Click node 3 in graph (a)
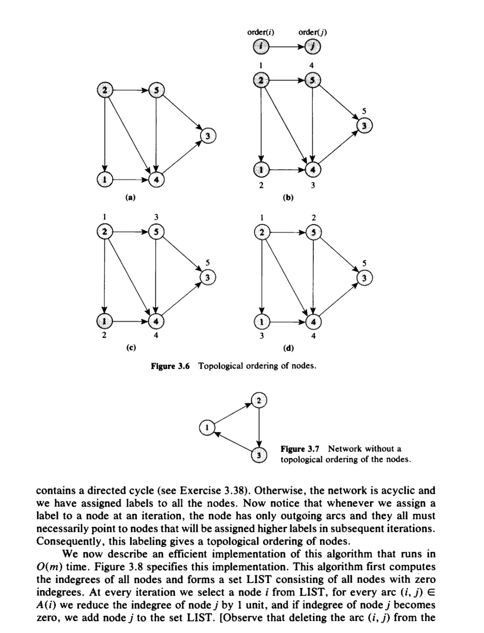[x=208, y=136]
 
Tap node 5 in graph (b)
[x=313, y=80]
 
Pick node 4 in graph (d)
[x=313, y=320]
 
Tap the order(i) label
[x=261, y=33]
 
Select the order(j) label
[x=313, y=33]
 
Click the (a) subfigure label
[x=130, y=196]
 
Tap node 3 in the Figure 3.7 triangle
[x=259, y=455]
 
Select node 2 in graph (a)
[x=104, y=90]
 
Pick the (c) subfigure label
[x=130, y=347]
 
